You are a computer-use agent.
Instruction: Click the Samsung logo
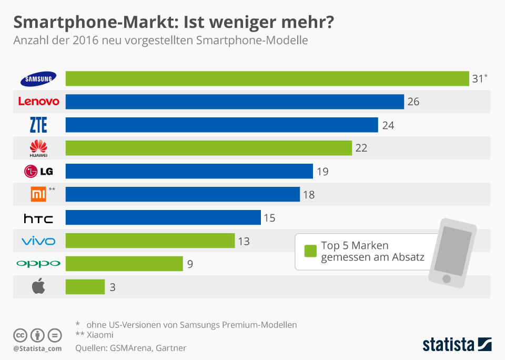(38, 79)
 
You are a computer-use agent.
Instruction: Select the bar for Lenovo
(235, 102)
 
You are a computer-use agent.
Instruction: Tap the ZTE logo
(38, 125)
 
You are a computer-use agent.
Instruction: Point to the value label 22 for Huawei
(361, 148)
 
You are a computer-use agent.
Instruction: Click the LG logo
(38, 171)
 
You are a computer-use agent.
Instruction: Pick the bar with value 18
(183, 194)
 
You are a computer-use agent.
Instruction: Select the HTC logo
(38, 218)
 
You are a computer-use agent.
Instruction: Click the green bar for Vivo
(150, 241)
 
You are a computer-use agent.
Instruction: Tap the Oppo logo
(38, 263)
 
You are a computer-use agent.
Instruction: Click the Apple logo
(38, 287)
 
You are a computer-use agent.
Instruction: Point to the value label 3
(113, 287)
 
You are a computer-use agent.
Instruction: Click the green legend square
(310, 251)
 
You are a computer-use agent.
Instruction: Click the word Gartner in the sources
(170, 347)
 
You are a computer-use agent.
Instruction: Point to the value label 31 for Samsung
(478, 79)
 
